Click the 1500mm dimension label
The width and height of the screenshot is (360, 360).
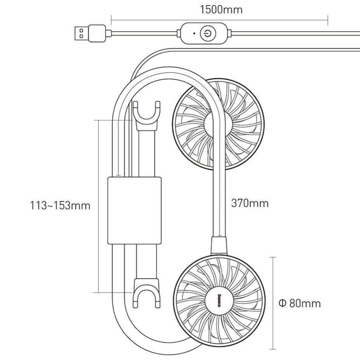[x=221, y=9]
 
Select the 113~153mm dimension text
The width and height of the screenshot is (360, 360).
[x=60, y=205]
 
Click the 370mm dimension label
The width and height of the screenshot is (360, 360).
[x=250, y=203]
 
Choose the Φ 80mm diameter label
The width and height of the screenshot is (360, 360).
[x=300, y=303]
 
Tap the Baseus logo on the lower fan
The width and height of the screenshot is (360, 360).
[x=219, y=302]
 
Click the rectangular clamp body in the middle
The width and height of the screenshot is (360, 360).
[x=134, y=210]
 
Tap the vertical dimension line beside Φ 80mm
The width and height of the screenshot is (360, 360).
[x=273, y=303]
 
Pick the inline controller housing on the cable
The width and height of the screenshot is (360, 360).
[x=206, y=33]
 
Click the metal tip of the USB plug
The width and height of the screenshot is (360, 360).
[x=80, y=33]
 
